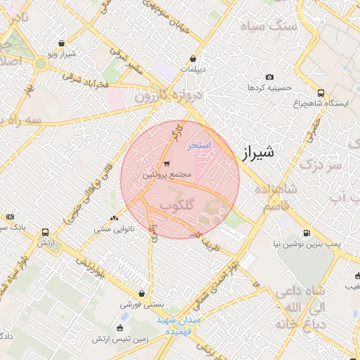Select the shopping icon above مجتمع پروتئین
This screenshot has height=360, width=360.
(x=166, y=164)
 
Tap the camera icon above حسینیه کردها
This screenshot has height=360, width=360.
(x=269, y=77)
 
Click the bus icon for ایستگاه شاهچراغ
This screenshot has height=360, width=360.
(x=321, y=92)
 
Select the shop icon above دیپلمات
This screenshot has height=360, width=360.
(x=193, y=59)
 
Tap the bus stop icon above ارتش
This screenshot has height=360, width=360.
(x=46, y=231)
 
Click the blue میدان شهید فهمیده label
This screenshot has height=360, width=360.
(x=179, y=325)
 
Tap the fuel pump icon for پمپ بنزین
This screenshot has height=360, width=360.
(x=306, y=233)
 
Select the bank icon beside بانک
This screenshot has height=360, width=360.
(x=10, y=217)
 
